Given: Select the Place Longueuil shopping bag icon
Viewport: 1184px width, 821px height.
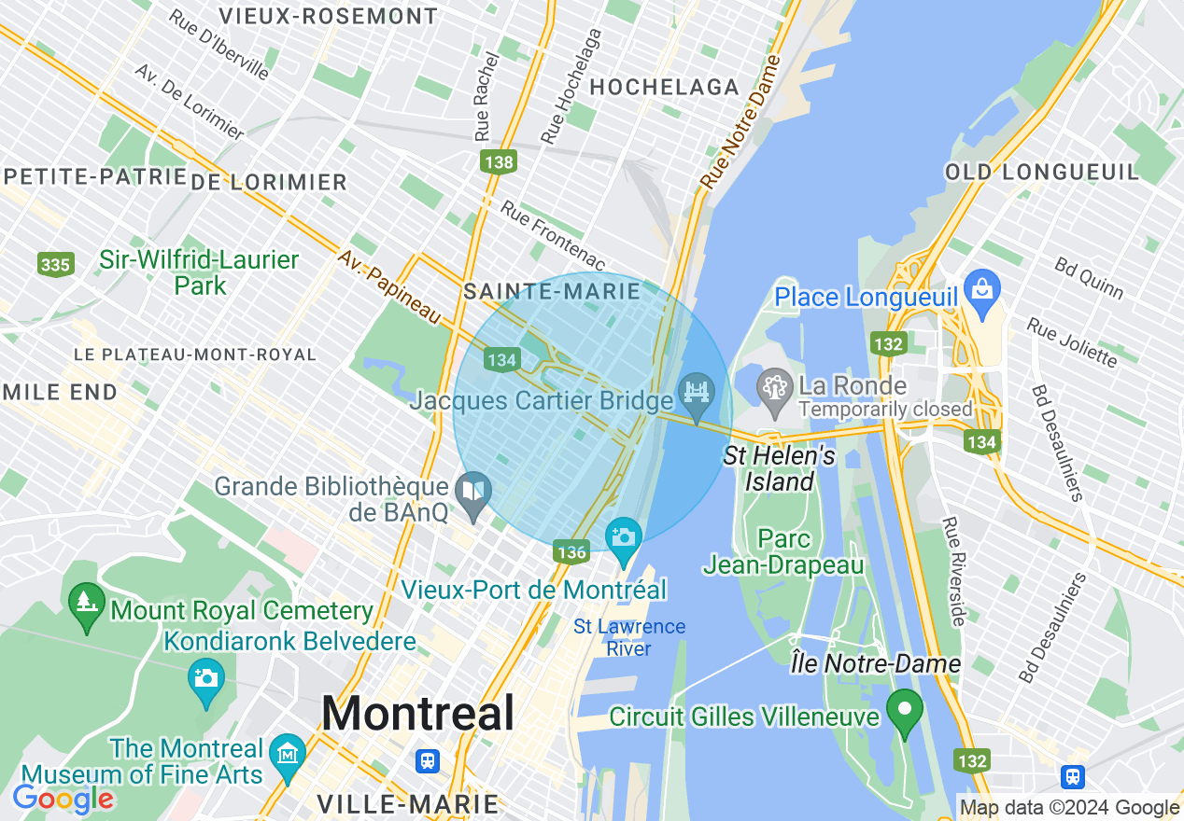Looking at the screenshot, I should [x=982, y=285].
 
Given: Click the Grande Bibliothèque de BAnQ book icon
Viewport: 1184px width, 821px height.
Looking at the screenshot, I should [x=473, y=491].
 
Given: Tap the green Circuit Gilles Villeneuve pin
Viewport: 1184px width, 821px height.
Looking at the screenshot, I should [x=904, y=708].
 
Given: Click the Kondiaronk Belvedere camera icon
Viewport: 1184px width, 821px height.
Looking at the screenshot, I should [x=206, y=679].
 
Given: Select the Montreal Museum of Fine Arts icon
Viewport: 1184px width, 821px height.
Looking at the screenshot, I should [x=287, y=753].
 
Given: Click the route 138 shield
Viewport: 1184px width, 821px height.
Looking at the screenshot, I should [x=500, y=162].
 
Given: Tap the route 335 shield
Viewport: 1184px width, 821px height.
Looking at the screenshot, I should [x=55, y=265].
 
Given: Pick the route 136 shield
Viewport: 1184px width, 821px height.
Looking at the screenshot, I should [x=571, y=551].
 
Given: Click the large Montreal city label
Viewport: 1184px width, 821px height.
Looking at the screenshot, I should [x=417, y=714].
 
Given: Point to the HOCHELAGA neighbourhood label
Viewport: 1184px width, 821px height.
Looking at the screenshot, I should [x=665, y=87].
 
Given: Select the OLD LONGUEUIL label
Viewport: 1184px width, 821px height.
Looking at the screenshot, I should [x=1042, y=172].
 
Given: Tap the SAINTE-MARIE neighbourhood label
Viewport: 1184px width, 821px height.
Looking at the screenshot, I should [x=552, y=291].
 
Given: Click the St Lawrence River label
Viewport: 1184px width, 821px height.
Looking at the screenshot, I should [x=629, y=637].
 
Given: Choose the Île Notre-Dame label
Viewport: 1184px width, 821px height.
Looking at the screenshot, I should [x=875, y=664].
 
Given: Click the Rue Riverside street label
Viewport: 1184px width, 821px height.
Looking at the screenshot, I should [x=953, y=571].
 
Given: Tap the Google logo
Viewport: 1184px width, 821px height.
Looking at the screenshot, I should [x=63, y=799].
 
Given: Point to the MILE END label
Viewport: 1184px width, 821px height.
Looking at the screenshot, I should [x=59, y=392].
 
